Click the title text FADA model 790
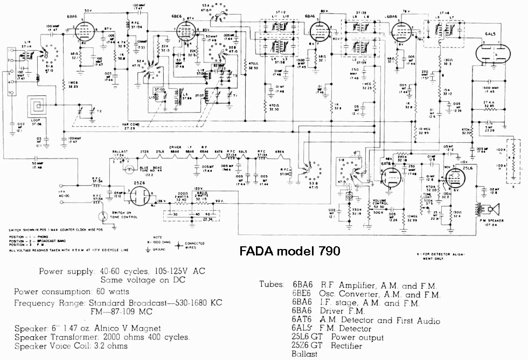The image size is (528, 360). pos(289,251)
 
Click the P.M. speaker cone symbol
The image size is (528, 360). pos(498,209)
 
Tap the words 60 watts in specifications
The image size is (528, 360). pos(120,292)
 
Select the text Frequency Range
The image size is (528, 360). pos(49,303)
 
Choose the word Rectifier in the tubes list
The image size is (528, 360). pos(340,346)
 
